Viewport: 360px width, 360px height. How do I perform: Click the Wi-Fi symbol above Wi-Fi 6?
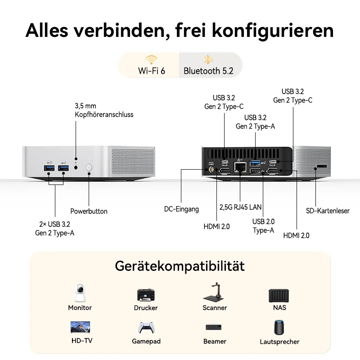point(151,60)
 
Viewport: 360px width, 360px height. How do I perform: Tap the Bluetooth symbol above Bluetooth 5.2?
point(208,59)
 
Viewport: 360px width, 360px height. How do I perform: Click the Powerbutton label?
point(89,211)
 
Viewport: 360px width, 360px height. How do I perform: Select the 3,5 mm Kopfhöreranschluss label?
point(104,110)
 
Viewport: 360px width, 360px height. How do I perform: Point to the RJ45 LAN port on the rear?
point(240,167)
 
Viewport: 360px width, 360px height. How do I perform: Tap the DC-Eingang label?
point(181,209)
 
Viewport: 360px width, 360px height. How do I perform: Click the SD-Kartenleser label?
point(328,211)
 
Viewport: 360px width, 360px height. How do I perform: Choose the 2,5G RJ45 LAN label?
point(240,207)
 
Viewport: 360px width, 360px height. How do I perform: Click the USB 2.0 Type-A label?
point(263,226)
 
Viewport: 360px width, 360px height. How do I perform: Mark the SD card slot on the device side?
point(322,166)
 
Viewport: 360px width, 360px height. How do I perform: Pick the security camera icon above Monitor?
point(80,293)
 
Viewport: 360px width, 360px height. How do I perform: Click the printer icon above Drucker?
point(146,295)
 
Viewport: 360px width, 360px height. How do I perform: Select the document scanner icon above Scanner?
point(213,292)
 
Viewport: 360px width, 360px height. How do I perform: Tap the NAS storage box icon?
point(279,296)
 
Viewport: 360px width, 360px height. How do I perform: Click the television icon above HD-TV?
point(80,327)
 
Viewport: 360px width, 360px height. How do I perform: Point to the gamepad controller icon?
point(146,328)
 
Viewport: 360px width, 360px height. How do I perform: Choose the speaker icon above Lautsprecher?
point(279,328)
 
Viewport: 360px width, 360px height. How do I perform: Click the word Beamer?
point(215,342)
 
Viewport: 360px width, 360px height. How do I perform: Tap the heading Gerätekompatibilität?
point(180,266)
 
